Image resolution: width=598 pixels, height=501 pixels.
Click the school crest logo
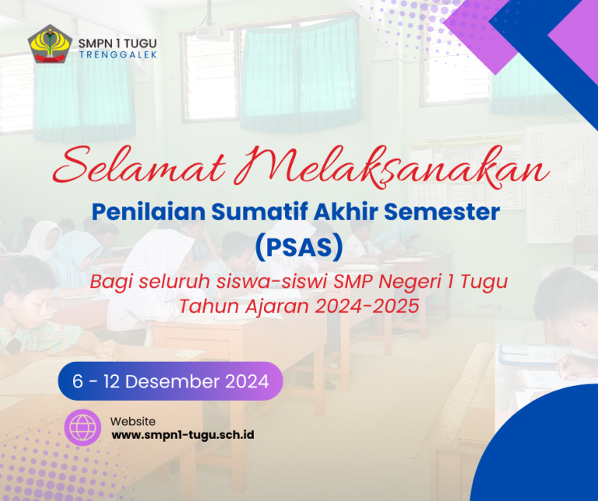(50, 44)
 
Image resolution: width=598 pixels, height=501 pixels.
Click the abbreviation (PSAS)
(298, 247)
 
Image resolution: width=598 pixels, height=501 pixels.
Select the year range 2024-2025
(367, 307)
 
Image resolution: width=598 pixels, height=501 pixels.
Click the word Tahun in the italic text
(204, 307)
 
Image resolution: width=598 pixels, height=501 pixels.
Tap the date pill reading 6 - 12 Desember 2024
(171, 381)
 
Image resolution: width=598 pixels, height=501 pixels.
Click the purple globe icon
(83, 427)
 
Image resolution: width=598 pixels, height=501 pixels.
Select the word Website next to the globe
(132, 421)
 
